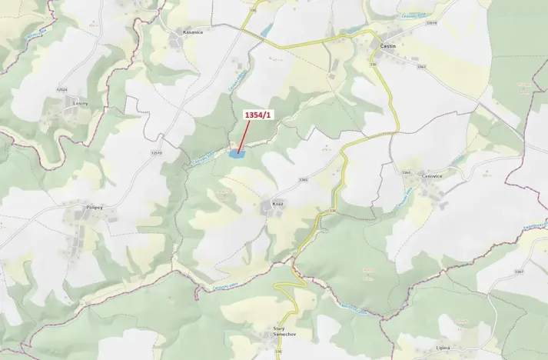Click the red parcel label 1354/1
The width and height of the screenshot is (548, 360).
click(x=257, y=115)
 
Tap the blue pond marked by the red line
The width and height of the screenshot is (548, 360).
click(x=237, y=154)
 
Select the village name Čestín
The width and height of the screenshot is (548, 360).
click(x=389, y=47)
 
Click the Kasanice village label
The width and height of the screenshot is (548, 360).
click(x=192, y=32)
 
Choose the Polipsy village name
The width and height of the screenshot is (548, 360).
click(x=95, y=208)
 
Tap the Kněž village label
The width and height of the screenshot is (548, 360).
click(x=278, y=204)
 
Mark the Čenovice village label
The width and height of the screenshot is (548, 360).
click(x=431, y=176)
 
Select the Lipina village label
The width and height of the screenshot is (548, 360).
click(x=440, y=347)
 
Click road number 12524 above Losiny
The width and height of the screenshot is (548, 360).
click(x=62, y=90)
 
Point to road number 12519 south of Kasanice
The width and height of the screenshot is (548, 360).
click(x=157, y=152)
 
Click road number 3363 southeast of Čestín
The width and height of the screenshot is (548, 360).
click(x=420, y=66)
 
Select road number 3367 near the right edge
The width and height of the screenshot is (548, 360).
click(x=519, y=272)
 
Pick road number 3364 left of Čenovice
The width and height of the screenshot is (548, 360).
click(x=407, y=172)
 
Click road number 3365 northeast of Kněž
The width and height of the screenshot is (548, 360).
click(x=303, y=180)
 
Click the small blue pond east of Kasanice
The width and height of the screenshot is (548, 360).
click(x=266, y=32)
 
